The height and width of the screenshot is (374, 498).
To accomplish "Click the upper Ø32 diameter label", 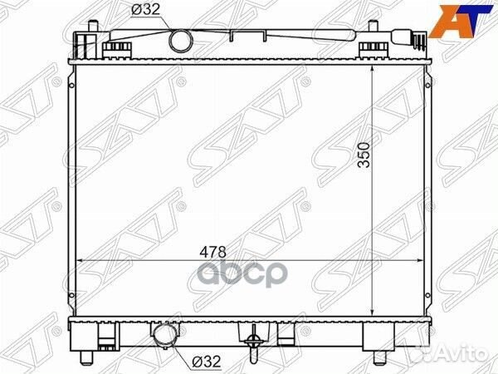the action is [x=146, y=9].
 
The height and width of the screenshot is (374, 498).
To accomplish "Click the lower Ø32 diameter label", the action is [x=206, y=362].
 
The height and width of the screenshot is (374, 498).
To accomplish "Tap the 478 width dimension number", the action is [x=212, y=252].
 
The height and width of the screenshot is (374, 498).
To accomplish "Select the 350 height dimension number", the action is [x=364, y=155].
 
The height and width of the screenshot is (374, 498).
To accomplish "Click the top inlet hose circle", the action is [x=181, y=41].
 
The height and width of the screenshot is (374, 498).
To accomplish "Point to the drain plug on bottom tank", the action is [x=253, y=343].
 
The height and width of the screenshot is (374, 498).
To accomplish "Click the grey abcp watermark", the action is [x=242, y=273].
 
